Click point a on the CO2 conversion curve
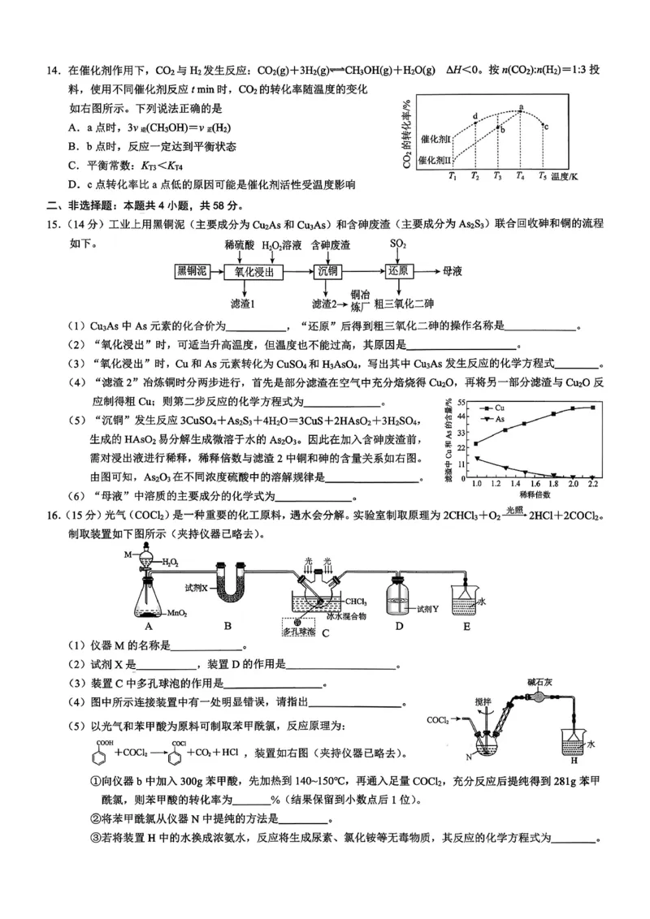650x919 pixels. (520, 110)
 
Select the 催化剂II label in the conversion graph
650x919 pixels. (435, 160)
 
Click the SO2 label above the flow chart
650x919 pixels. (398, 244)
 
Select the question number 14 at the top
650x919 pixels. (54, 70)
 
